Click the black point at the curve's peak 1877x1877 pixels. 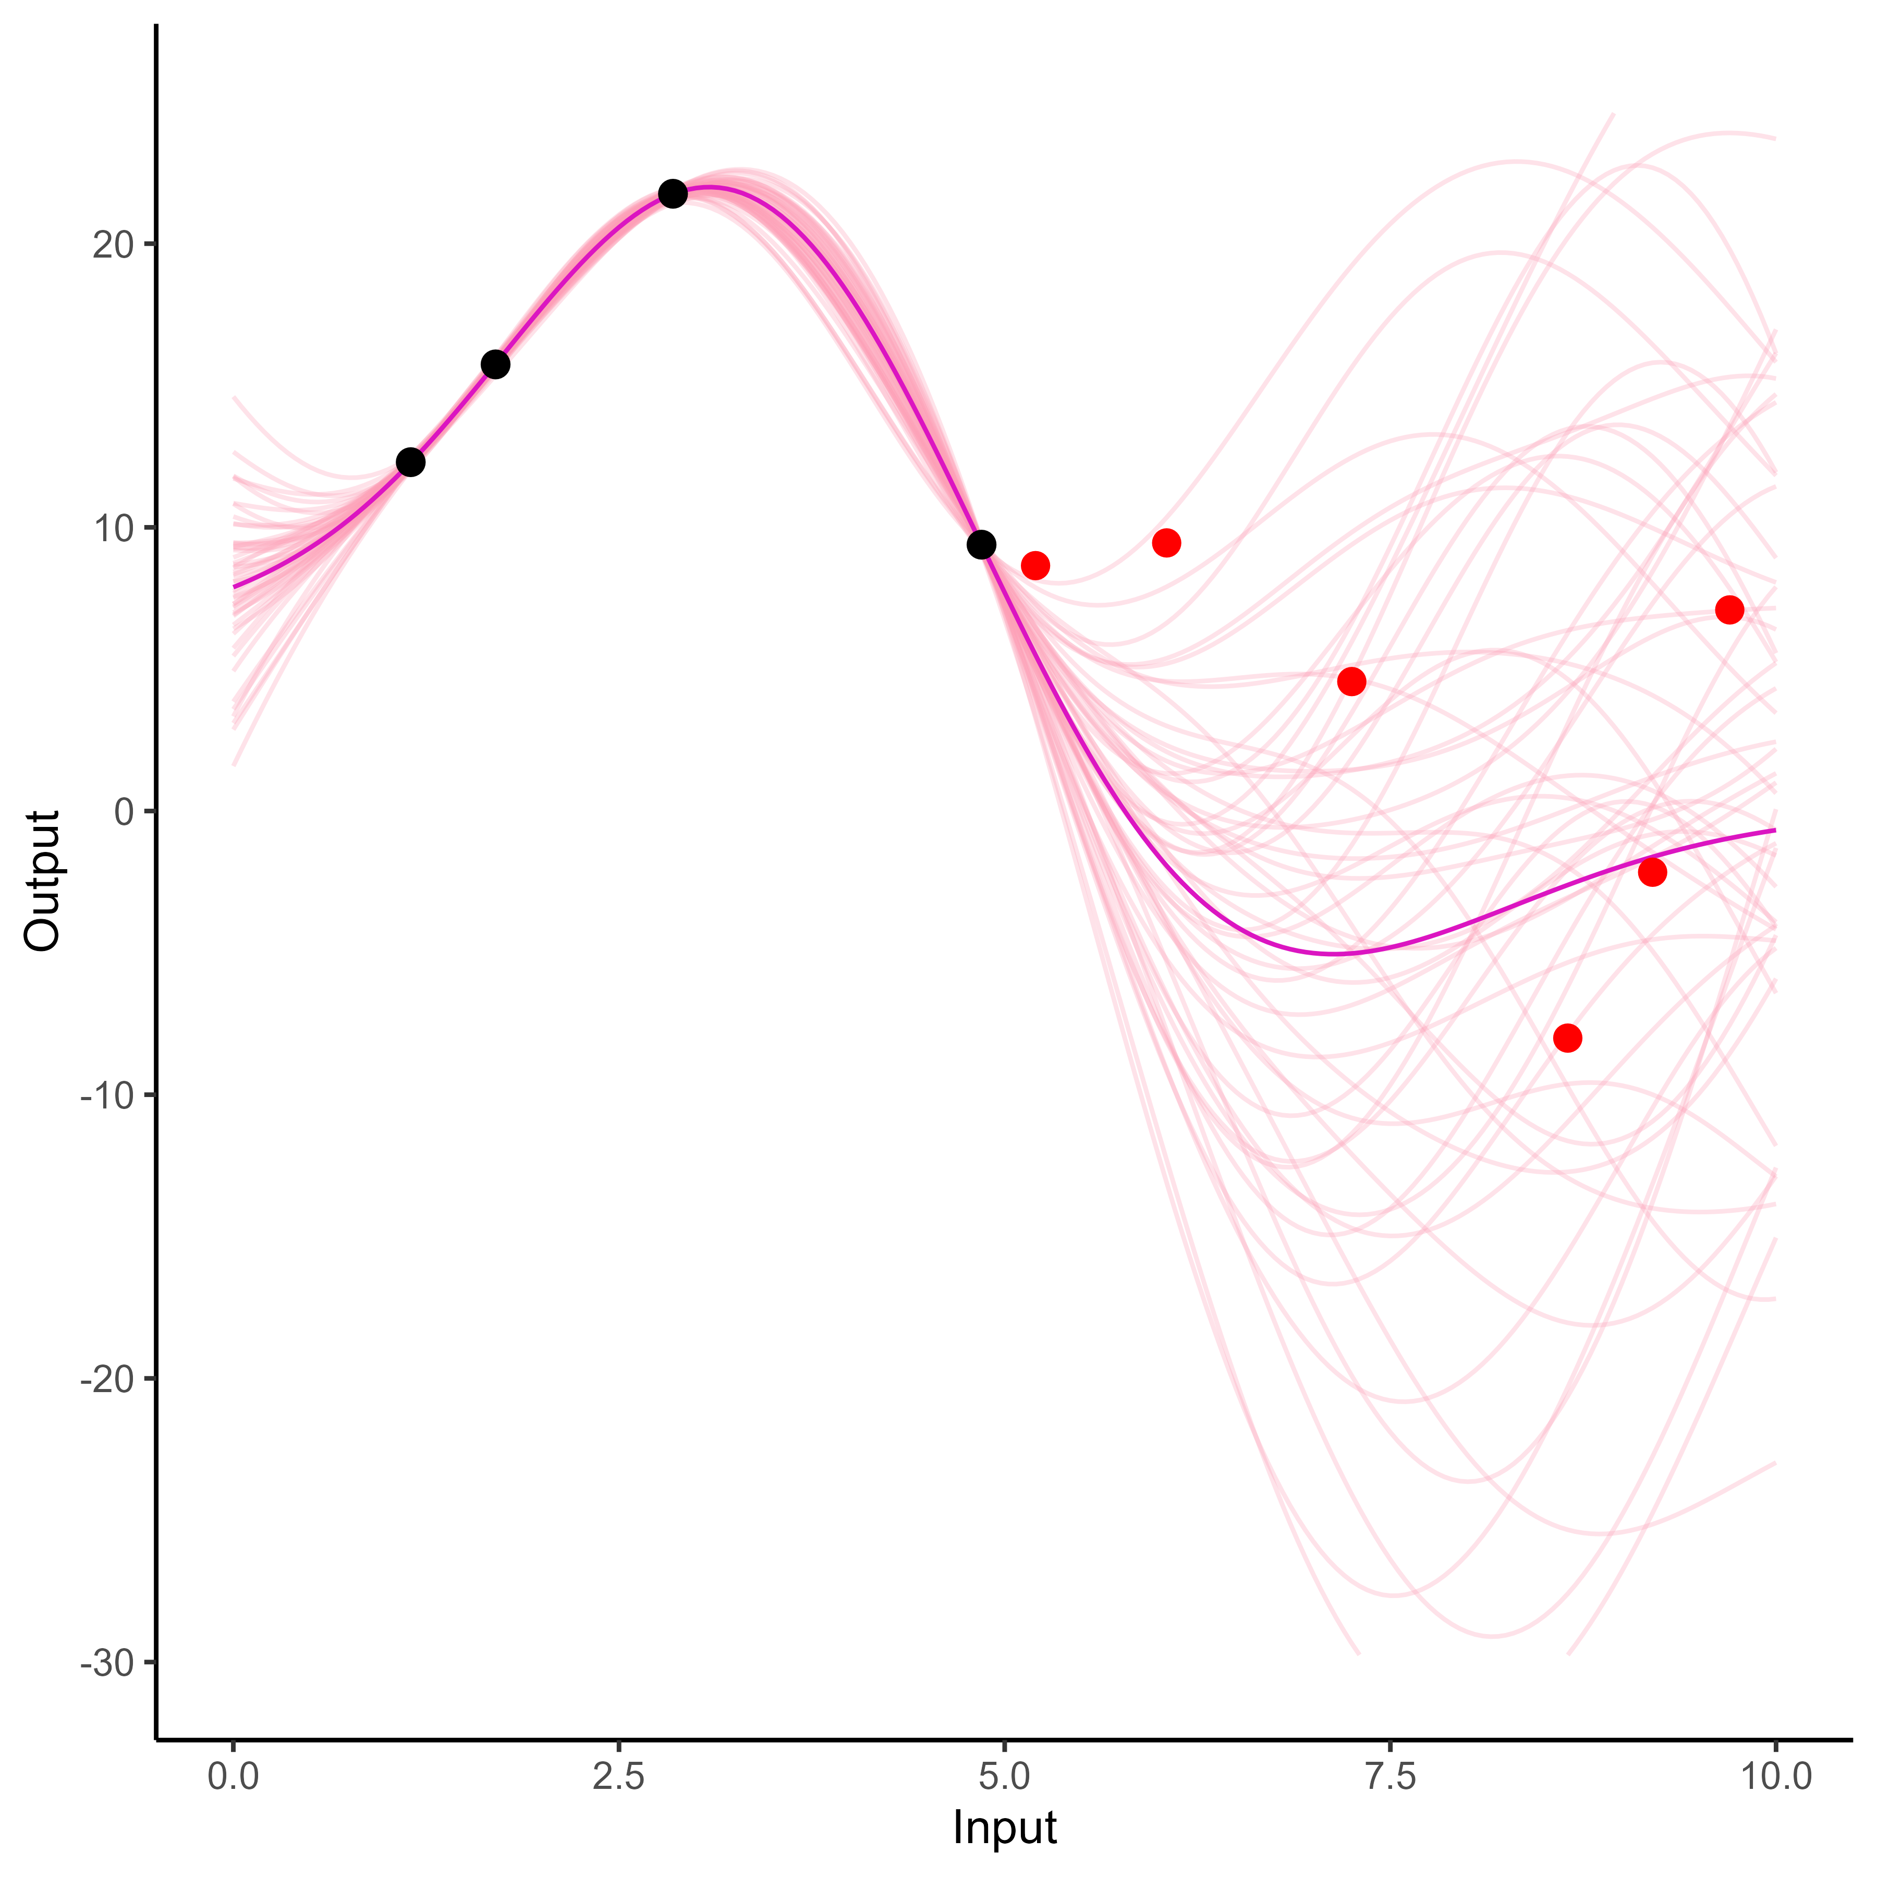(672, 194)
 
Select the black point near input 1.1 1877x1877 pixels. (411, 462)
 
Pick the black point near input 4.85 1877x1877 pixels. (981, 545)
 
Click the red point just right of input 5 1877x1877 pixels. (1035, 565)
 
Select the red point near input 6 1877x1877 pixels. (1166, 543)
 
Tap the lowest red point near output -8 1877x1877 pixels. (1567, 1039)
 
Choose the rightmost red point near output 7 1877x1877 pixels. (1729, 610)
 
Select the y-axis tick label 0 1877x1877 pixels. (124, 812)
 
